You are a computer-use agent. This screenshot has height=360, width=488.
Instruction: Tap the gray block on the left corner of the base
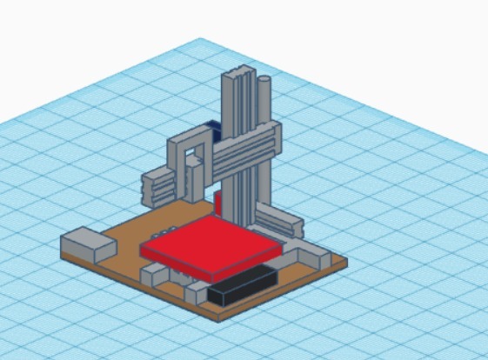pos(86,243)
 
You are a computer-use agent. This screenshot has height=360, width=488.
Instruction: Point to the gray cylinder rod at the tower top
pos(264,96)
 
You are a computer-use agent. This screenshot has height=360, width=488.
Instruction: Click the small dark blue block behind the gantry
pos(214,128)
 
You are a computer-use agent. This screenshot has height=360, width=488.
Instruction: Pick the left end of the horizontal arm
pos(157,186)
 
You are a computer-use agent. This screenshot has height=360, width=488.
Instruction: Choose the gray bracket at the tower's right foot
pos(282,221)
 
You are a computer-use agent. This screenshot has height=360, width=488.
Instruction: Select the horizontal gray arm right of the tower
pos(252,144)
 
